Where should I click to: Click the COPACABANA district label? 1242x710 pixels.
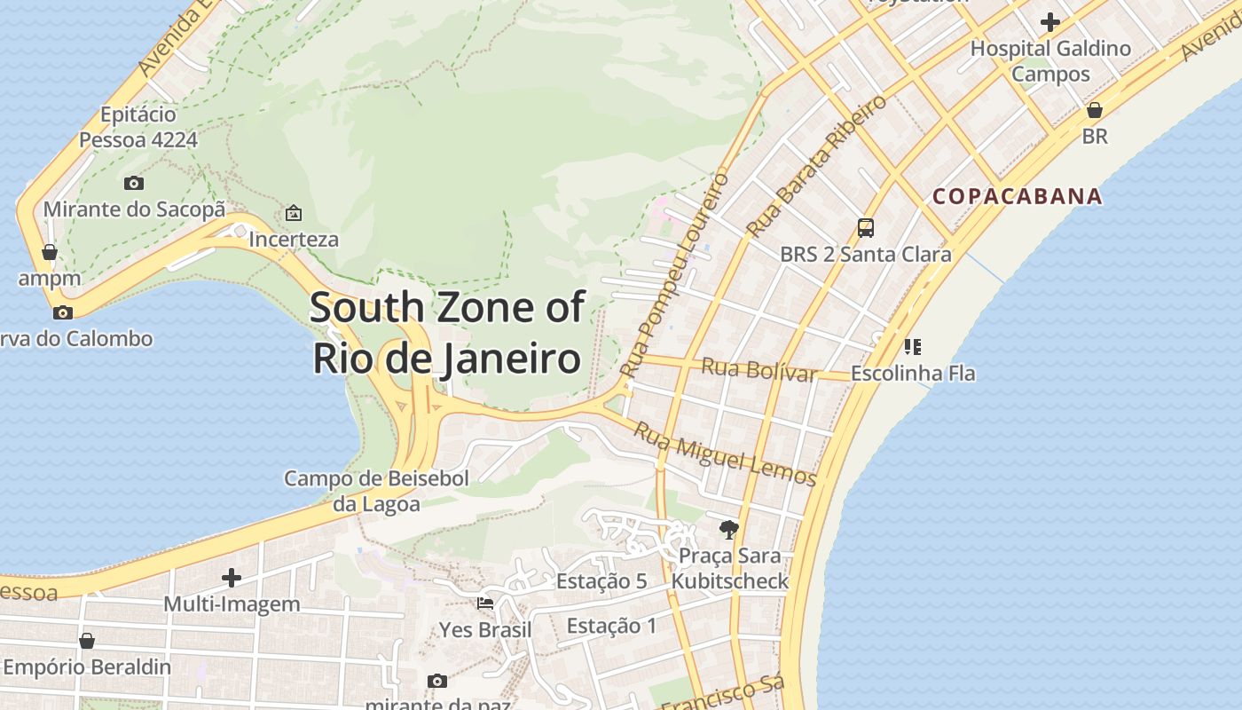(x=1018, y=196)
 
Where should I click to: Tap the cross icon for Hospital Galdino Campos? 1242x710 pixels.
(x=1050, y=22)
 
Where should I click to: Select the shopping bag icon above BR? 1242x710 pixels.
(x=1095, y=111)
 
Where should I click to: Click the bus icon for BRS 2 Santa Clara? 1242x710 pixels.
(x=866, y=228)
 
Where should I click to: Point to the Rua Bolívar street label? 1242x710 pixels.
(x=759, y=369)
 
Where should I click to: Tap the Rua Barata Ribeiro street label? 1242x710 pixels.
(x=816, y=166)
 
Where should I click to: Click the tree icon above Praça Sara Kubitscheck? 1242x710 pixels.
(x=729, y=530)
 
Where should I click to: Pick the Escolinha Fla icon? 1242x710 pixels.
(x=913, y=347)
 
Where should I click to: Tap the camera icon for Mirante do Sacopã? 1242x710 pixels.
(x=134, y=184)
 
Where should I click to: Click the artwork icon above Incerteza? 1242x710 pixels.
(x=293, y=213)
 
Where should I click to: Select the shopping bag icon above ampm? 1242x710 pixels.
(x=50, y=253)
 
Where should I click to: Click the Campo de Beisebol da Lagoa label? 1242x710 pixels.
(x=376, y=491)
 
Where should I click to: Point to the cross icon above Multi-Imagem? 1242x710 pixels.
(x=232, y=578)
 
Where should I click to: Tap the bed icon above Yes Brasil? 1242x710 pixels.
(x=485, y=603)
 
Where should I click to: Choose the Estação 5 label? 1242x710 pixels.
(x=601, y=582)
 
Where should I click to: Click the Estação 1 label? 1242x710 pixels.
(x=611, y=626)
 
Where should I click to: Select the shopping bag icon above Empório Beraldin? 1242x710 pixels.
(x=87, y=641)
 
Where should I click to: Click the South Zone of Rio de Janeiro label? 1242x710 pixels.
(x=447, y=333)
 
